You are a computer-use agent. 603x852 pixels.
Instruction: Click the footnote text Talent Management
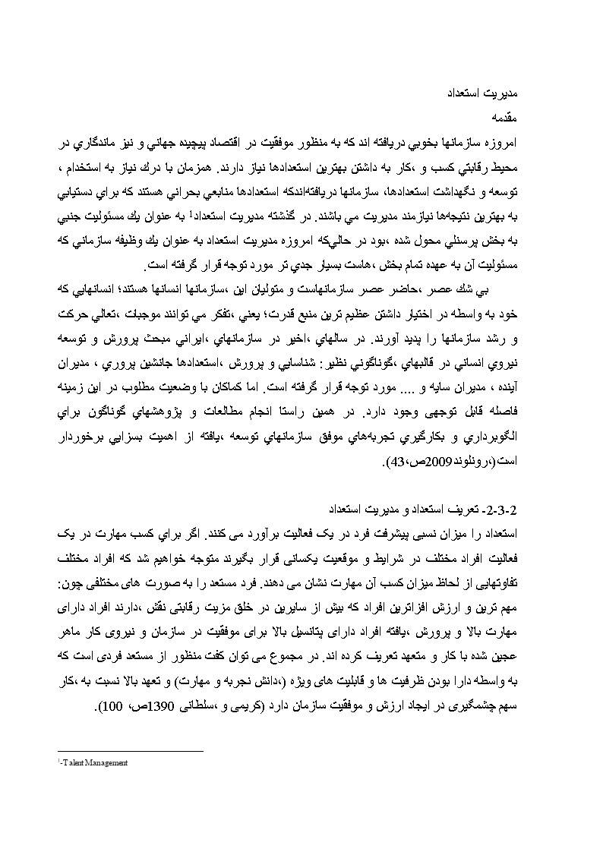(x=97, y=763)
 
